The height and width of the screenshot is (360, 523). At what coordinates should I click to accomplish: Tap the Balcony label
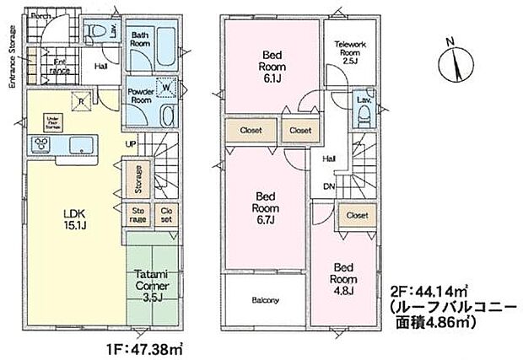265,300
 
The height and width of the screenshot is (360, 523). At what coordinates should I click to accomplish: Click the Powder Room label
140,95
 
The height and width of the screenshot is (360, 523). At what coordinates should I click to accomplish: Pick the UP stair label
132,145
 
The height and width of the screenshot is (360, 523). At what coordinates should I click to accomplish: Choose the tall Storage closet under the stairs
137,179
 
